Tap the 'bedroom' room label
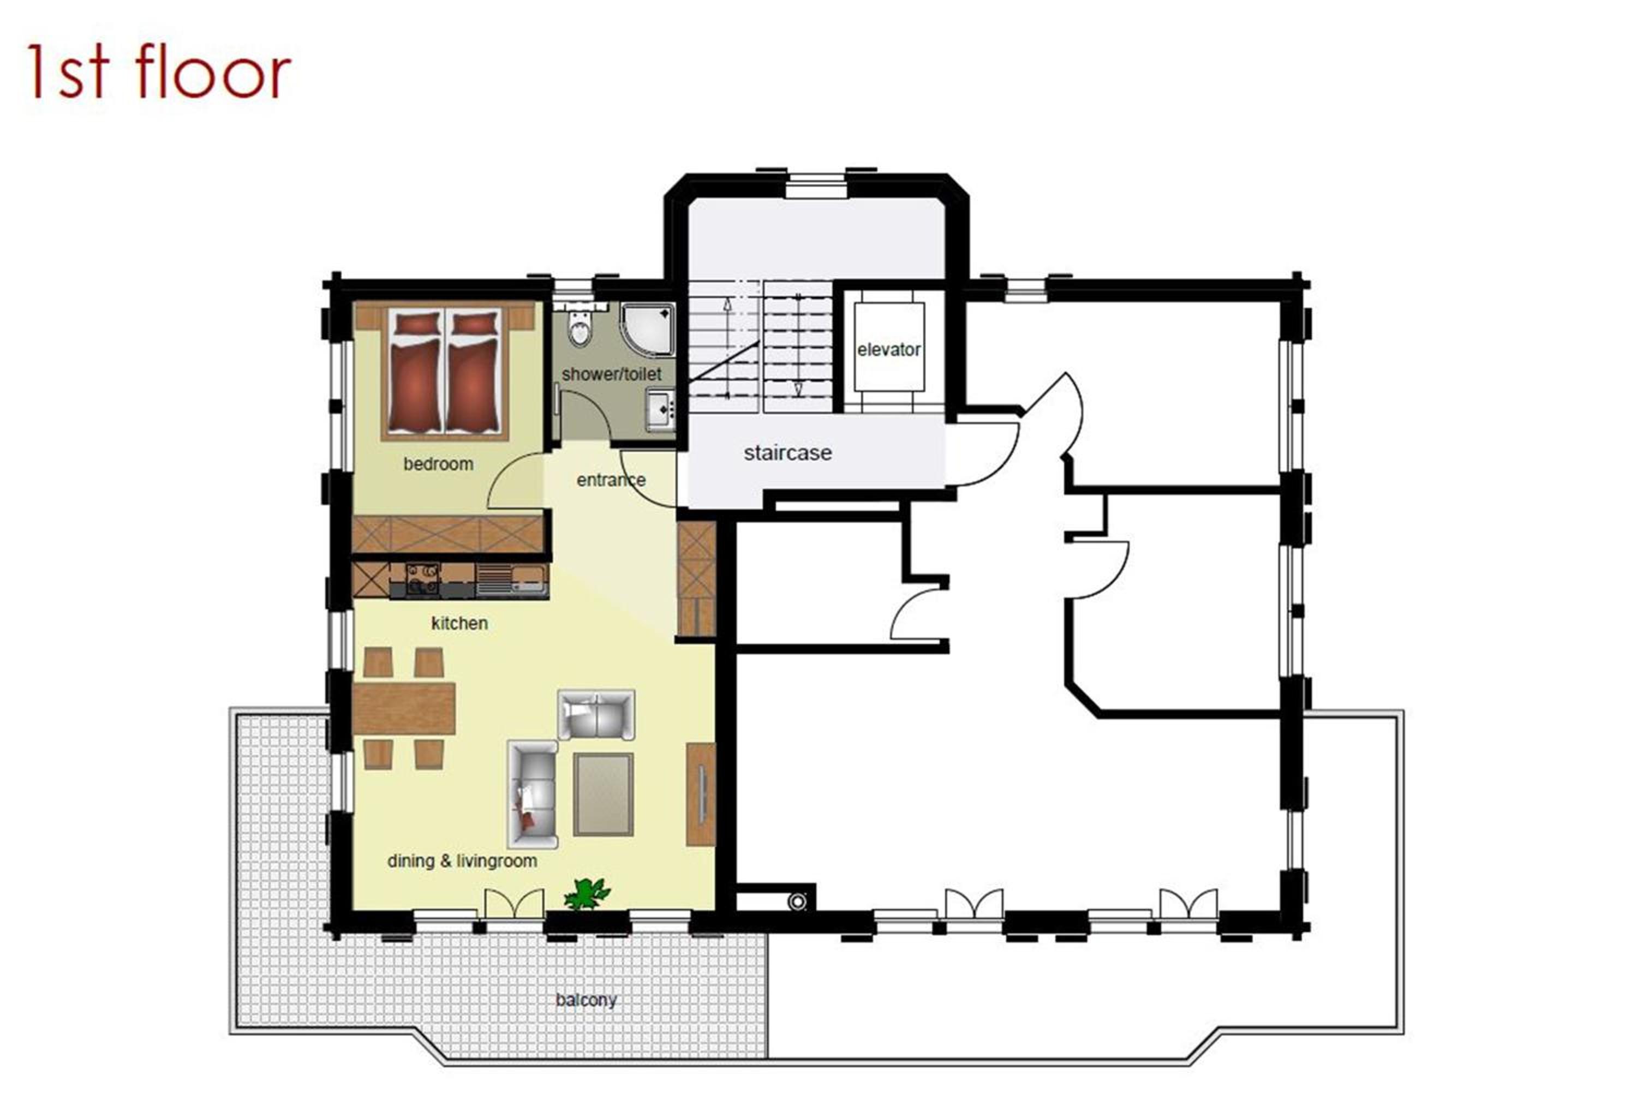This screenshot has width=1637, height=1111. (438, 464)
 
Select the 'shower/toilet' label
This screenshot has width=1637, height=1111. (611, 374)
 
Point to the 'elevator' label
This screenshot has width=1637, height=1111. (888, 349)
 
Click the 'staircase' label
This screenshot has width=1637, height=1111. (787, 452)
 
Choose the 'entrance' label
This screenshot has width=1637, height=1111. (611, 480)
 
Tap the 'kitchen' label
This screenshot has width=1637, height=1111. (459, 623)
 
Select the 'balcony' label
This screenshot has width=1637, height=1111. (586, 1000)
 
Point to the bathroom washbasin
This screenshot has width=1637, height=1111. (661, 409)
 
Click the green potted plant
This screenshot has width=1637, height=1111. (586, 893)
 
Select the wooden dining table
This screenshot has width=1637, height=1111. (404, 708)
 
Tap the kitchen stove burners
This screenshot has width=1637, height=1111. (422, 579)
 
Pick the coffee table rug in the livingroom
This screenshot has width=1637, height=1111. (603, 794)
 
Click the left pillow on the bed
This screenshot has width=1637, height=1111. (416, 324)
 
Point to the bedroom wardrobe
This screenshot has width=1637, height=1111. (448, 534)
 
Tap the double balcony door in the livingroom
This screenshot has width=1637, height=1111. (514, 904)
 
